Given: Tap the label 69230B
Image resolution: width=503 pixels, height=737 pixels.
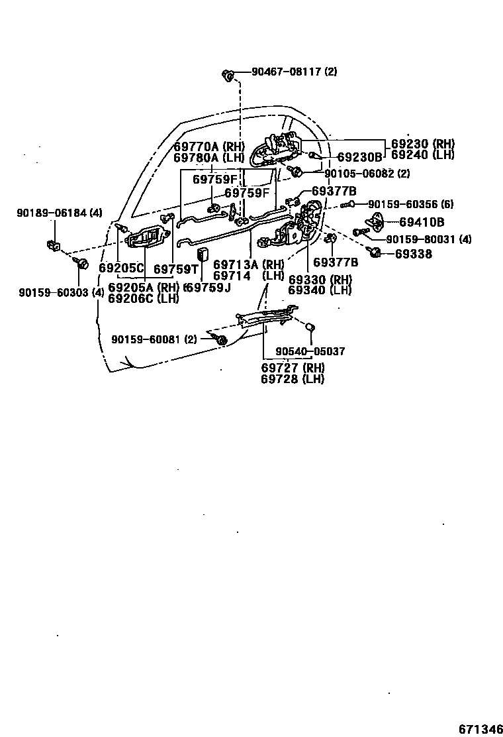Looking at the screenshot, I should coord(359,157).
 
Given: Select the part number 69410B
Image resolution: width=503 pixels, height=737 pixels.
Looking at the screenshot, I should coord(421,222).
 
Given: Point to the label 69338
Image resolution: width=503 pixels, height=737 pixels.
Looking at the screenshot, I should coord(414,253).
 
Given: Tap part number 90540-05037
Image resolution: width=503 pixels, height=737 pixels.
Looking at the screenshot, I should coord(310,351).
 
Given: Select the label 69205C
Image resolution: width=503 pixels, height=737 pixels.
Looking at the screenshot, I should coord(121,268).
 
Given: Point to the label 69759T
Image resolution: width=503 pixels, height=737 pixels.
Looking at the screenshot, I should coord(176,268).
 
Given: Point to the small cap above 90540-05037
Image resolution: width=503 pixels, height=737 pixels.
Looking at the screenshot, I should coord(308,326).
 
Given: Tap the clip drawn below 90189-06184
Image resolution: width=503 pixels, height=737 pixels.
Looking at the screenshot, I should coord(53,246).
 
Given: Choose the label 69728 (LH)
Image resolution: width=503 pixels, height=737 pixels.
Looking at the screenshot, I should coord(292,378).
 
